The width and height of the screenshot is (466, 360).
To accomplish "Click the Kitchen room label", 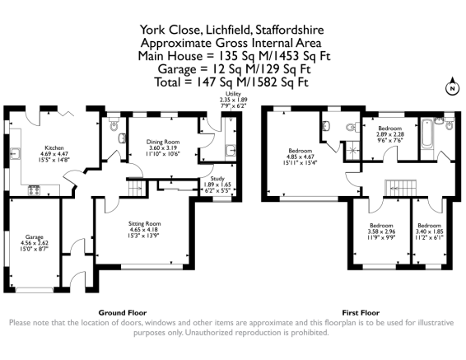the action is pyautogui.click(x=54, y=147).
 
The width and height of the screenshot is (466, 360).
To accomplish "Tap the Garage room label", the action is pyautogui.click(x=35, y=237).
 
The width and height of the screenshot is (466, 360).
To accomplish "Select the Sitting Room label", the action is pyautogui.click(x=144, y=223).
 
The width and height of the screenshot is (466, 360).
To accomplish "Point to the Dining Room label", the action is pyautogui.click(x=163, y=142).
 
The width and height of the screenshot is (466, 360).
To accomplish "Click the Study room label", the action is pyautogui.click(x=217, y=179).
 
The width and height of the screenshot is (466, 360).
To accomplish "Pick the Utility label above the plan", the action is pyautogui.click(x=233, y=94).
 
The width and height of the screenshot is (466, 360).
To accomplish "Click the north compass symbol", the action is pyautogui.click(x=452, y=86).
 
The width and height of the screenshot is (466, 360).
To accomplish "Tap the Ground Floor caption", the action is pyautogui.click(x=123, y=313).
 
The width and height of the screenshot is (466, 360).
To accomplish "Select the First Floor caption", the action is pyautogui.click(x=361, y=313).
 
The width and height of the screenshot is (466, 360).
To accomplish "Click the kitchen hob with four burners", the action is pyautogui.click(x=34, y=190).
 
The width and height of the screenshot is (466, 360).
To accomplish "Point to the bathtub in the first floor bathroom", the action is pyautogui.click(x=427, y=133).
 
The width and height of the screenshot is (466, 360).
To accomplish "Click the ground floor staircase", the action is pyautogui.click(x=136, y=188).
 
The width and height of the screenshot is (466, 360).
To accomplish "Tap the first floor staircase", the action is pyautogui.click(x=401, y=188).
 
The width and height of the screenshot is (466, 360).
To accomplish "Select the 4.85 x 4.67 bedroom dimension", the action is pyautogui.click(x=301, y=157).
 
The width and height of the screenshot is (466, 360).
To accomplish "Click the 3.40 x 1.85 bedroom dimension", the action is pyautogui.click(x=430, y=231).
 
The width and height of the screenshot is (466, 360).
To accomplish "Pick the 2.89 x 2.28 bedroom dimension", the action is pyautogui.click(x=390, y=134).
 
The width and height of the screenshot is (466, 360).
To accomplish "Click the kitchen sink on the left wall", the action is pyautogui.click(x=15, y=153).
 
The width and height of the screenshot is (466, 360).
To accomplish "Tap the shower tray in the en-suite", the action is pyautogui.click(x=353, y=151).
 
